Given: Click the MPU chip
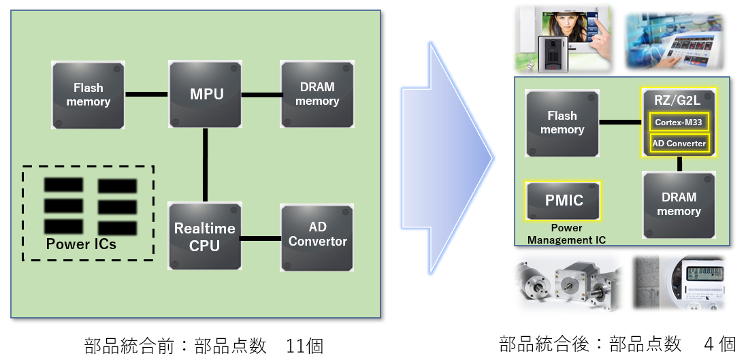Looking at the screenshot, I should coord(206,95).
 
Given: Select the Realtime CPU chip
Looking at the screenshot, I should coord(206,237).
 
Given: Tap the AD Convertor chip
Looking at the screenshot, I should coord(317,235).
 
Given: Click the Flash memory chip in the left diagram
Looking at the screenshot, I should coord(88,95).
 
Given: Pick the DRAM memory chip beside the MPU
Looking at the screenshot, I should coord(317,95).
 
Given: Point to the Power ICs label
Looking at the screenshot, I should coord(81,244).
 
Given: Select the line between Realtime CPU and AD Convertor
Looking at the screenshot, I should coord(261,238).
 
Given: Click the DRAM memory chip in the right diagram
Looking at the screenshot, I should coord(679,204).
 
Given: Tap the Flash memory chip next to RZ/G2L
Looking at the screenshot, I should coord(562,123).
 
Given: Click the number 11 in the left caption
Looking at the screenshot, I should coord(296,346).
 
